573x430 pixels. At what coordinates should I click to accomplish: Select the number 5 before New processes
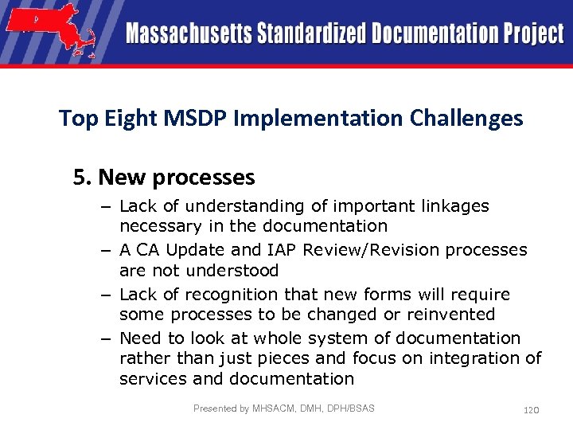tap(78, 177)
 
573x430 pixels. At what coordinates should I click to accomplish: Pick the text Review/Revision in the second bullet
tap(380, 250)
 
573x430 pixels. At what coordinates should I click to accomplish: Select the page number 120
tap(531, 409)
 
